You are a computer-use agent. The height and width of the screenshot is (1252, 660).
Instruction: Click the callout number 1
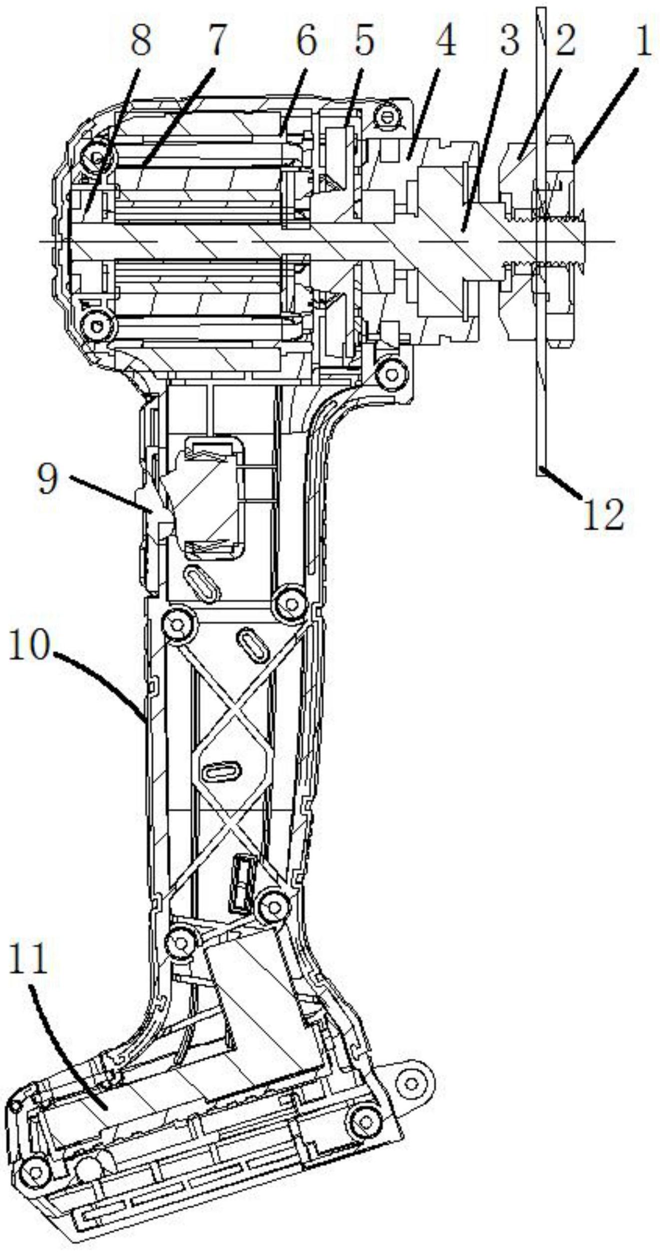click(644, 41)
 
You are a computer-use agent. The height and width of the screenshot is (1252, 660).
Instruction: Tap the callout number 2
click(565, 41)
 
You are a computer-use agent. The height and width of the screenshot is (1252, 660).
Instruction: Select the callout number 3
click(509, 41)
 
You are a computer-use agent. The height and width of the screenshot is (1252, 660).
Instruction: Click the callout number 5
click(364, 41)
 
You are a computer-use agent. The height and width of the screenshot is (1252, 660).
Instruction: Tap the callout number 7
click(215, 41)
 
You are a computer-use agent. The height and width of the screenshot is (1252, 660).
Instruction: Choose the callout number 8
click(141, 41)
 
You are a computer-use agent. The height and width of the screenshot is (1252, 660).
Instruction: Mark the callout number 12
click(603, 514)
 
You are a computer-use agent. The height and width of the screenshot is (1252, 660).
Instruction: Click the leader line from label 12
click(562, 482)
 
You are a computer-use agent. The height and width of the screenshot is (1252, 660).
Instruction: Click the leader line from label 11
click(70, 1034)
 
